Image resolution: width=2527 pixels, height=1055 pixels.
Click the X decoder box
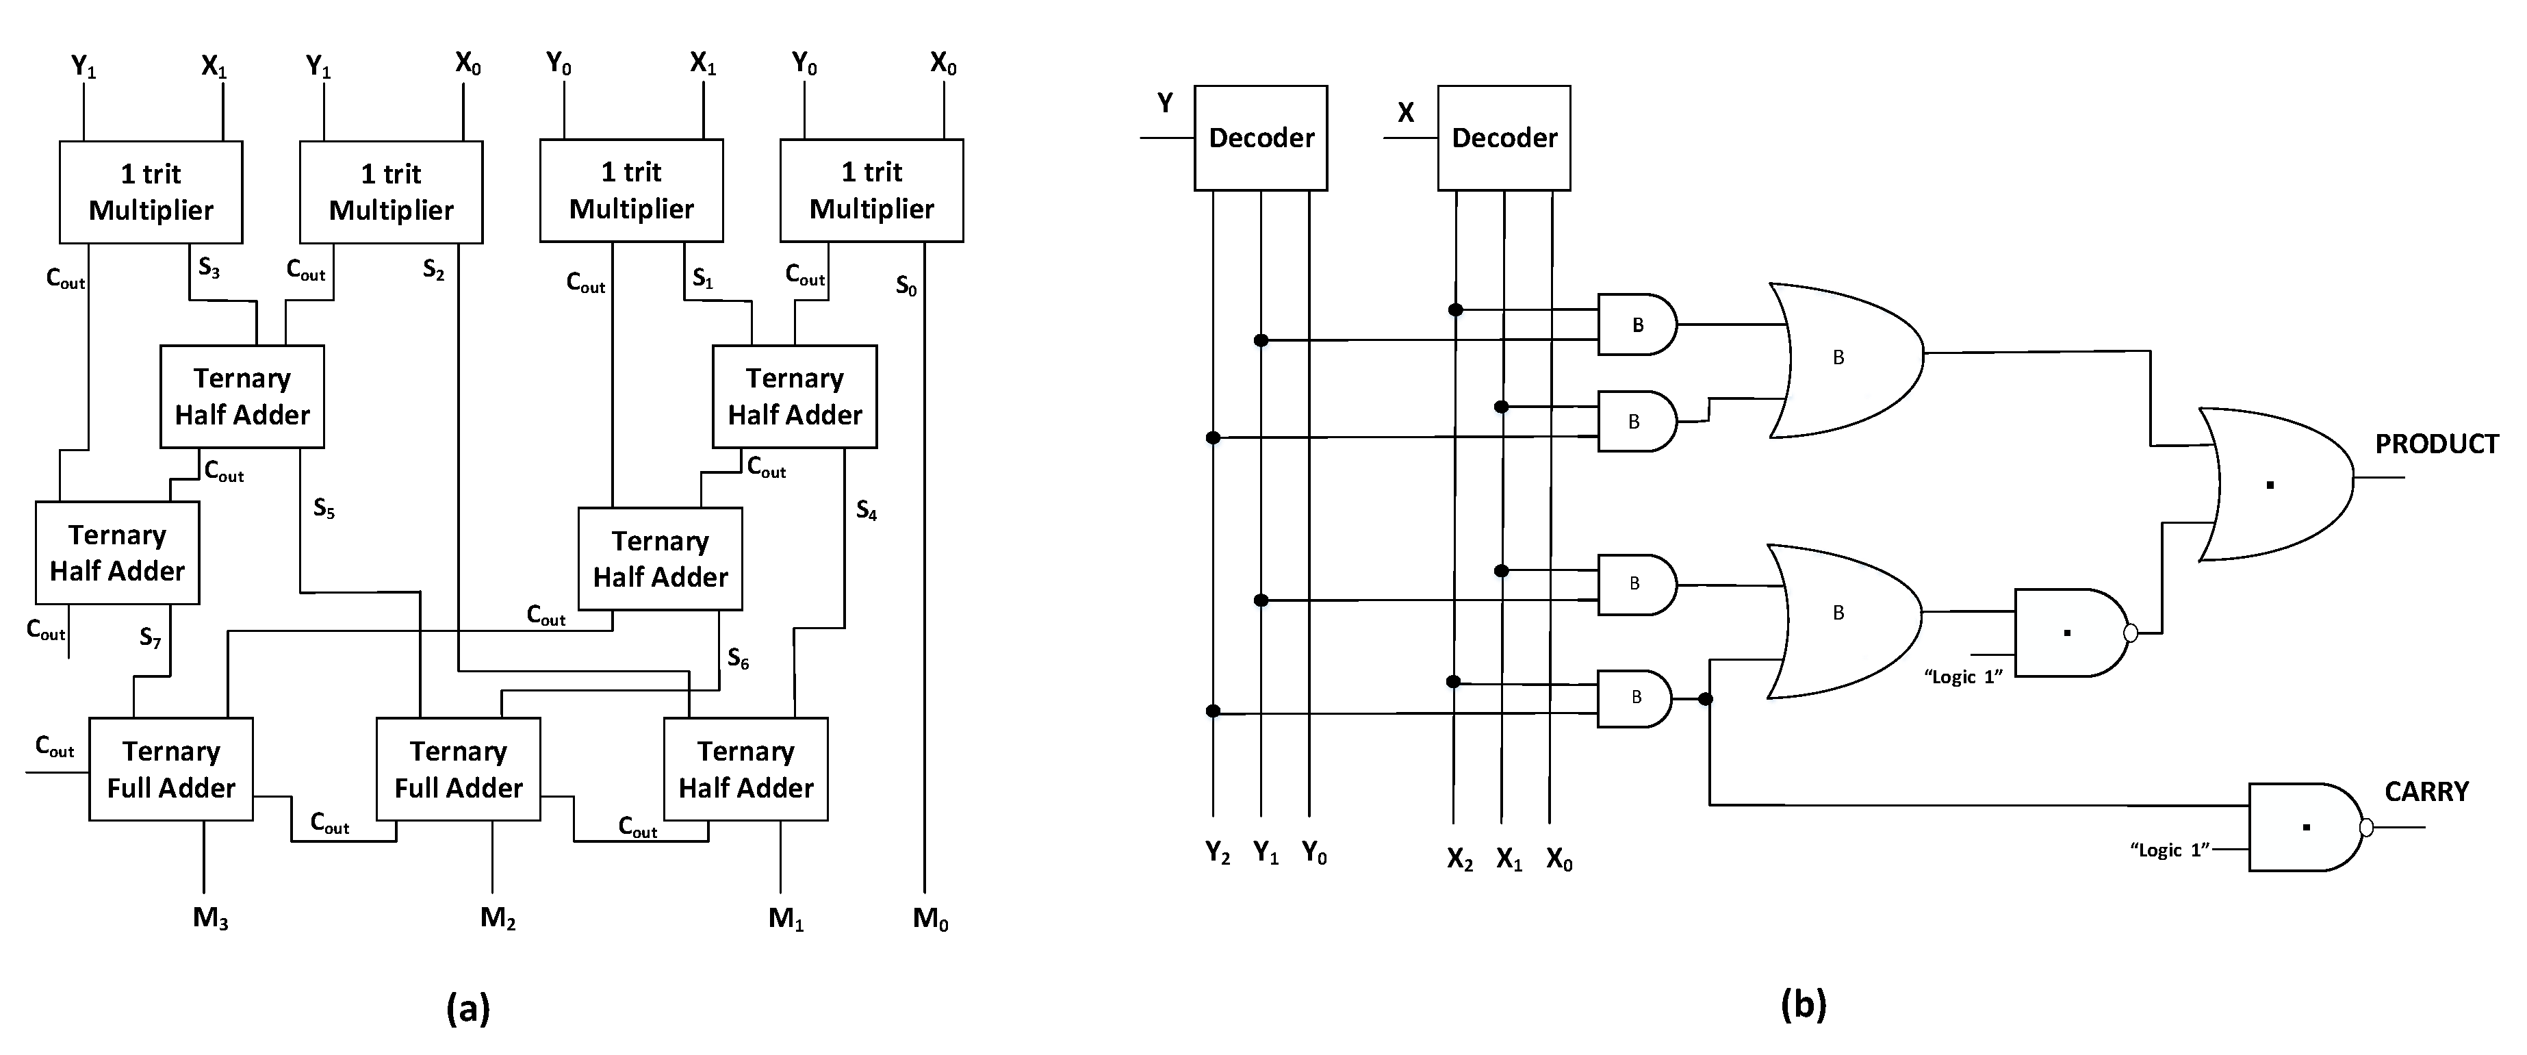[1503, 138]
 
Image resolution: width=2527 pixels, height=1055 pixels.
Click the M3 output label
[210, 919]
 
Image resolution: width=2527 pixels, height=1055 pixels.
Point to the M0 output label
[930, 919]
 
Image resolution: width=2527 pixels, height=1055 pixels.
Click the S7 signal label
[150, 638]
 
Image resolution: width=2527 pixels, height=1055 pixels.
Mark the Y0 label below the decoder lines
[1313, 853]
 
